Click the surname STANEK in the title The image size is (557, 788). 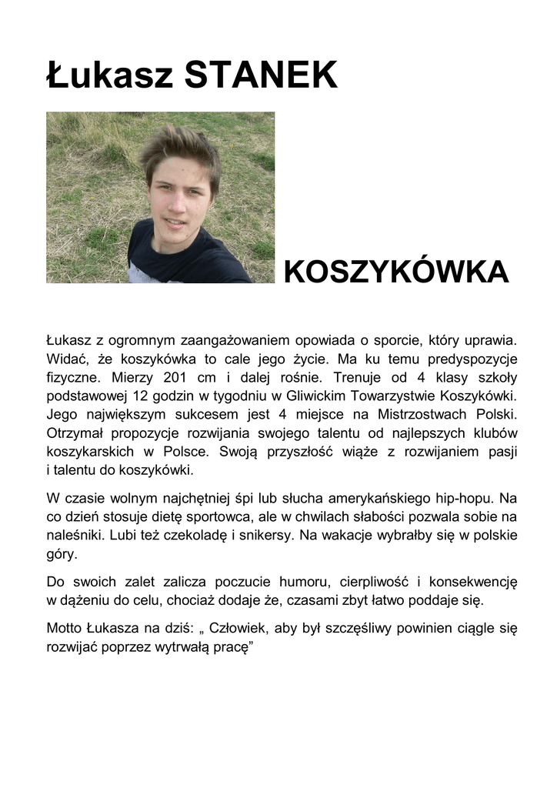(x=262, y=75)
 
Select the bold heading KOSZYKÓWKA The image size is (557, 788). (x=396, y=272)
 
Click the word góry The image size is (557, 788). (x=62, y=553)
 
